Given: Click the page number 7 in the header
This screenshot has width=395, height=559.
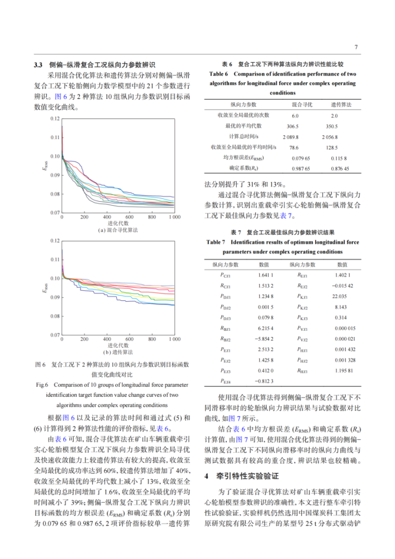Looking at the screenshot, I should point(356,47).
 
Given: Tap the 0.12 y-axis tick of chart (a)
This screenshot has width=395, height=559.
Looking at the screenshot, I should point(54,119).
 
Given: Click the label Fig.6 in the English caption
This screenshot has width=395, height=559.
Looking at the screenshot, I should point(43,385).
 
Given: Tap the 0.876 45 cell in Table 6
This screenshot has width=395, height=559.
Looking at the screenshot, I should point(335,168).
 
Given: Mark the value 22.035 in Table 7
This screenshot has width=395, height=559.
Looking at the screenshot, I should point(339,296).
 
